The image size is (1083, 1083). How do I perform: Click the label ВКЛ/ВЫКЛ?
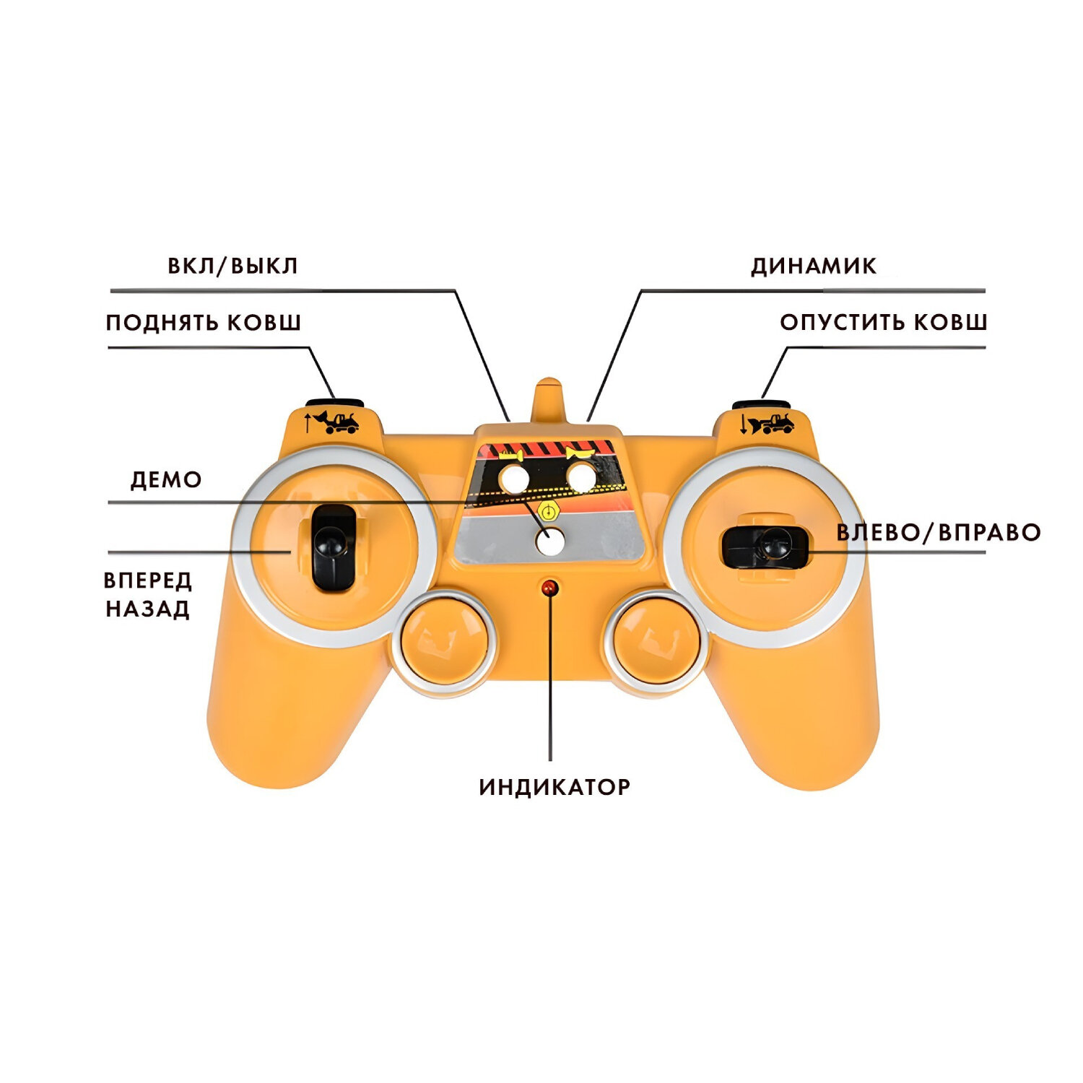(x=232, y=266)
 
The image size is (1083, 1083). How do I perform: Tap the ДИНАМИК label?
(x=813, y=266)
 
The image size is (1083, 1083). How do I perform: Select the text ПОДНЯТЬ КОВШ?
(x=203, y=322)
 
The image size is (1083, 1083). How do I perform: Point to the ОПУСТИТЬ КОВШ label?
(x=882, y=322)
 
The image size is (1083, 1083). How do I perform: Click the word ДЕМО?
(x=165, y=479)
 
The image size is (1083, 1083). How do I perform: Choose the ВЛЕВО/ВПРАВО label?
(x=938, y=533)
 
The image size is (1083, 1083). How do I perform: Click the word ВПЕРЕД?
(x=148, y=580)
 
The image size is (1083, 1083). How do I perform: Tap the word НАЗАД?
(x=148, y=609)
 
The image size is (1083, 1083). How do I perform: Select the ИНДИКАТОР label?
(x=554, y=786)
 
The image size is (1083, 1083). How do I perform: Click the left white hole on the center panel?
(x=514, y=478)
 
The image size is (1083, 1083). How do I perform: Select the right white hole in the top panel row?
(x=581, y=477)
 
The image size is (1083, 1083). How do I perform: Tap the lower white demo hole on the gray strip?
(x=551, y=541)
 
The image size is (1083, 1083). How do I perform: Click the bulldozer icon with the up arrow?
(x=332, y=421)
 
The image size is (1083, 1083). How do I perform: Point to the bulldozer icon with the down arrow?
(x=767, y=423)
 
